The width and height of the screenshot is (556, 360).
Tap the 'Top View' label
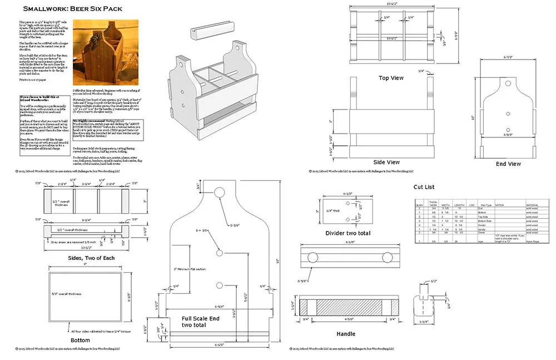tap(391, 78)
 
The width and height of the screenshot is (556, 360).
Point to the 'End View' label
tap(508, 164)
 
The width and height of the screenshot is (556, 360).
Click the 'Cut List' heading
tap(428, 186)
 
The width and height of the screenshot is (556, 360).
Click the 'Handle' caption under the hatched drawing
tap(346, 334)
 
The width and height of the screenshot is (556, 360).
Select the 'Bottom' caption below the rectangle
tap(80, 339)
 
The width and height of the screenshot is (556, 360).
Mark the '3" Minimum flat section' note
tap(190, 269)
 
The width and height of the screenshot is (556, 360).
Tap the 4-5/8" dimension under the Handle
tap(348, 319)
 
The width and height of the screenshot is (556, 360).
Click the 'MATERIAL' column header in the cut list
tap(533, 205)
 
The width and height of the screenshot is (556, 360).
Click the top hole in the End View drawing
tap(508, 83)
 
